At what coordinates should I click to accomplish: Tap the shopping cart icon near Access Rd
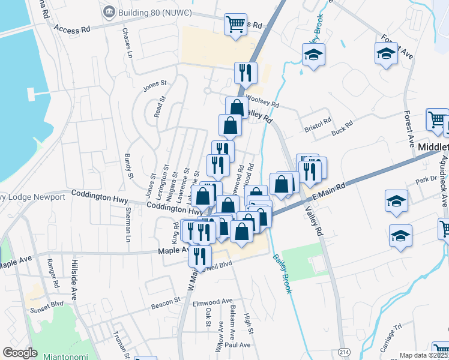coord(235,25)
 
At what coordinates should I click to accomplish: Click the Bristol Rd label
coord(318,122)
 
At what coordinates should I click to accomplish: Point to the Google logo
coord(20,353)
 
